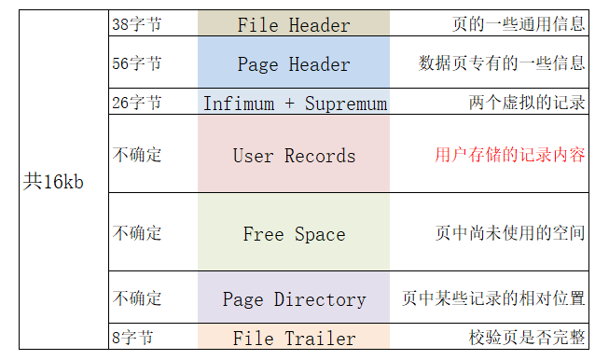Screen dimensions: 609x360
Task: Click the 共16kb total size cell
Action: click(53, 182)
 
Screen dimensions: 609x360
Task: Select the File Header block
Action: click(294, 24)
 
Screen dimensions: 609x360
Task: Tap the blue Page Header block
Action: click(294, 64)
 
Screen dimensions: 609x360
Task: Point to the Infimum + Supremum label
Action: click(294, 104)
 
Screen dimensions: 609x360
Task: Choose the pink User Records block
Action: click(294, 155)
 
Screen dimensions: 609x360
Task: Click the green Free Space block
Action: click(294, 233)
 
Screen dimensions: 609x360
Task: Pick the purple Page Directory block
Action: click(294, 298)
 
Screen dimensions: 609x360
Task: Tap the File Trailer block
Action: click(294, 338)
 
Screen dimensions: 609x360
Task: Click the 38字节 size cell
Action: click(136, 24)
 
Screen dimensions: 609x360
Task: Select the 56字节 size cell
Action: click(136, 63)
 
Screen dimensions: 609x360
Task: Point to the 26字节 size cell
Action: click(136, 103)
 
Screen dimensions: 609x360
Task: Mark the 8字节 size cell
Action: click(131, 338)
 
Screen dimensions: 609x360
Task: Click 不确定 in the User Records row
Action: click(137, 155)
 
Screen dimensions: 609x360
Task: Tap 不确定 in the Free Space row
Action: click(137, 233)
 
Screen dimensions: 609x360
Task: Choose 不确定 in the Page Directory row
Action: click(137, 298)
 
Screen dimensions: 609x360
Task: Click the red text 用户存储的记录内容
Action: click(510, 155)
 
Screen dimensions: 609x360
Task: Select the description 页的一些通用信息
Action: click(519, 24)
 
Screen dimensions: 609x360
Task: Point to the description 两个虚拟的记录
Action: click(527, 103)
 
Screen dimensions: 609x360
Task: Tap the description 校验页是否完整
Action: click(527, 338)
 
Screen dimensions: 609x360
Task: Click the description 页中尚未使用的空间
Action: click(510, 233)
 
